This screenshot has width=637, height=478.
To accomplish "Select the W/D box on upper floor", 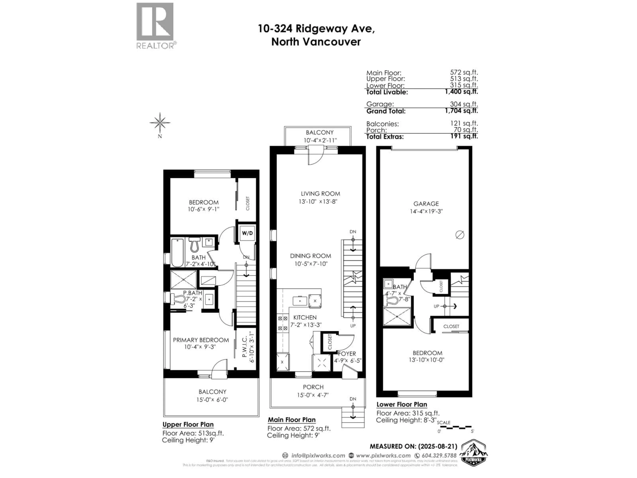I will pyautogui.click(x=247, y=233).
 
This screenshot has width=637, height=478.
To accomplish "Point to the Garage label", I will pyautogui.click(x=426, y=204).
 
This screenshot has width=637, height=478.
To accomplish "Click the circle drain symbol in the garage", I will pyautogui.click(x=460, y=235).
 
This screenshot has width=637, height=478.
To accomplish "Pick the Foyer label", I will pyautogui.click(x=347, y=354).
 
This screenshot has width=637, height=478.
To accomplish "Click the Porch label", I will pyautogui.click(x=313, y=387).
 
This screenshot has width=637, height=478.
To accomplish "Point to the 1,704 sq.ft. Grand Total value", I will pyautogui.click(x=462, y=111).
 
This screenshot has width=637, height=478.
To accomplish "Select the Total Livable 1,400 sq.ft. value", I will pyautogui.click(x=462, y=92).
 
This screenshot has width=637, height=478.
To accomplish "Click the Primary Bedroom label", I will pyautogui.click(x=201, y=340).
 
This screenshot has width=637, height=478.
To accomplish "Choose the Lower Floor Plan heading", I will pyautogui.click(x=401, y=404).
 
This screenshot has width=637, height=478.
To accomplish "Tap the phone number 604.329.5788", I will pyautogui.click(x=439, y=456).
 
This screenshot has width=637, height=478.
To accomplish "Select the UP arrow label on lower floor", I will pyautogui.click(x=437, y=306).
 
